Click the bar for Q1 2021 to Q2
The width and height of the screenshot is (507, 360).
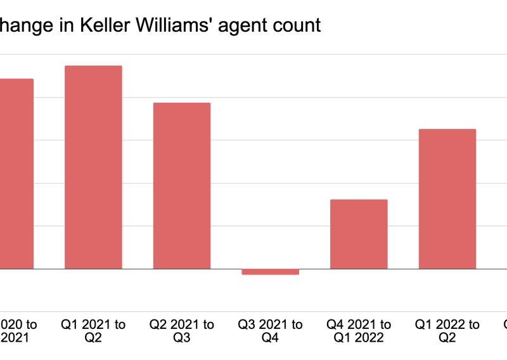point(93,167)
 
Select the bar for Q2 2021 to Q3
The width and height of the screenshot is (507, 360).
point(182,186)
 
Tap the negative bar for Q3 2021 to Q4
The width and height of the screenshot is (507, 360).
point(270,271)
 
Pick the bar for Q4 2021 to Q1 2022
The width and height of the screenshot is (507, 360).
point(359,234)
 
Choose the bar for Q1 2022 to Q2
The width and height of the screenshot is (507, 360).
point(447,199)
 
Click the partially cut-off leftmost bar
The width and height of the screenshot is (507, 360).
point(16,174)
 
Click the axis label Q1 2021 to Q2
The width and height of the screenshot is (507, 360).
point(93,331)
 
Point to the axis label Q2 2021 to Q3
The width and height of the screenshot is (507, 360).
point(182,331)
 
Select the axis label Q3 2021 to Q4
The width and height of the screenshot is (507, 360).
point(270,331)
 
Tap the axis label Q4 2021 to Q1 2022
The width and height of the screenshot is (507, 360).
point(359,331)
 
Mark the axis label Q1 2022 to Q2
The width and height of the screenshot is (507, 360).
point(447,331)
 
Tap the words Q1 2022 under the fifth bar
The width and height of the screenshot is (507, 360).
point(359,338)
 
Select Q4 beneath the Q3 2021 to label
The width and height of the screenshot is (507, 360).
point(270,338)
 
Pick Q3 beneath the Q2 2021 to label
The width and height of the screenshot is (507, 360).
point(182,338)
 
